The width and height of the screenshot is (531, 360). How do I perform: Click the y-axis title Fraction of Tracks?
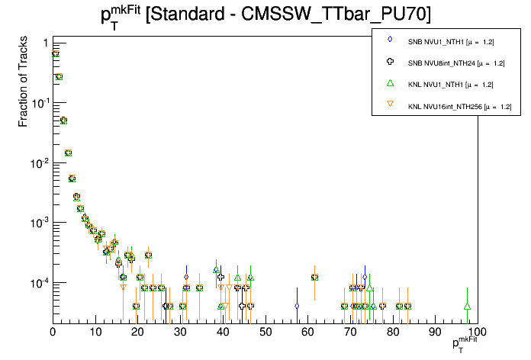point(24,84)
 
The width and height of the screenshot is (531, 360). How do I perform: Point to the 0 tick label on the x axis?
point(53,332)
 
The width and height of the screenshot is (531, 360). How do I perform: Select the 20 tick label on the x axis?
point(138,332)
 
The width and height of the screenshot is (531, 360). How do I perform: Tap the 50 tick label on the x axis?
point(265,332)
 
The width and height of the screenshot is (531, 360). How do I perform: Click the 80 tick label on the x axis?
point(393,332)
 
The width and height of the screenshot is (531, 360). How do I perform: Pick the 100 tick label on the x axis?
point(476,332)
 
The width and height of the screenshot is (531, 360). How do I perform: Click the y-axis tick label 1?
point(46,43)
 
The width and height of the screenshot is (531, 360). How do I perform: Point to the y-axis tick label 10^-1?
point(40,103)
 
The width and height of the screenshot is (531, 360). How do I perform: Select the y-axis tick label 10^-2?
point(40,163)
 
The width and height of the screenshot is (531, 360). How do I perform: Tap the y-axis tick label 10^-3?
point(40,223)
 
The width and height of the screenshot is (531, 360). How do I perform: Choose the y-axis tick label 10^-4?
point(40,283)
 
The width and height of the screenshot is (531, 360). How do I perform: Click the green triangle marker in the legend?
point(389,83)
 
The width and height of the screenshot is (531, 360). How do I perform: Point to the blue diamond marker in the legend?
point(389,40)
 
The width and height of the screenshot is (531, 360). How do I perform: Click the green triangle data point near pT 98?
point(468,306)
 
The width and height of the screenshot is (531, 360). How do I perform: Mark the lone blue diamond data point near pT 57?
point(297,306)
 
